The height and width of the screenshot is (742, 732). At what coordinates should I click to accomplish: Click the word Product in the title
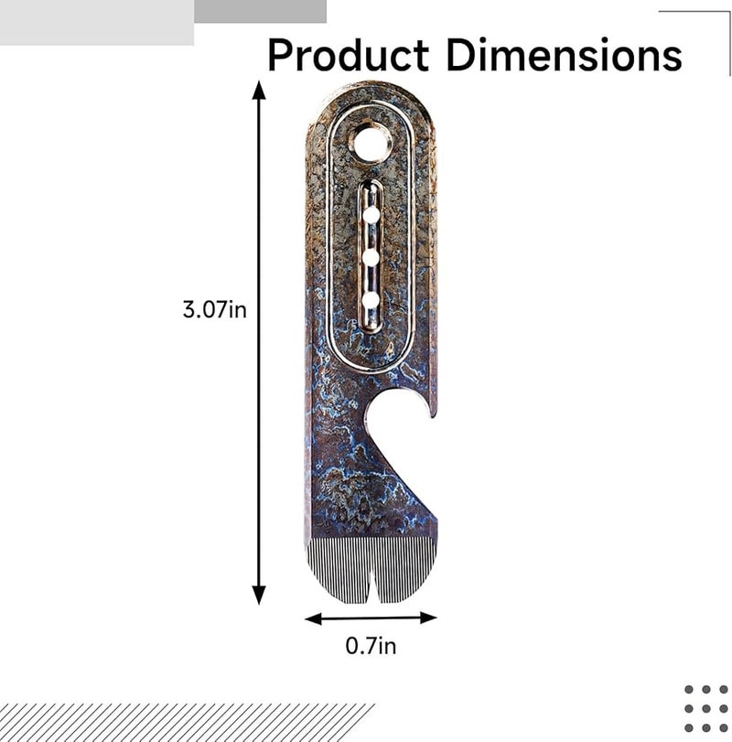pyautogui.click(x=348, y=56)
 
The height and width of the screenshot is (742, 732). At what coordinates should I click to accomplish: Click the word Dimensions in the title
pyautogui.click(x=563, y=56)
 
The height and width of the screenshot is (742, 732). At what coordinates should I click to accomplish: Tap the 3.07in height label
pyautogui.click(x=214, y=309)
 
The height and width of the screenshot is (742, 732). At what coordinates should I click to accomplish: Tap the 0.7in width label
pyautogui.click(x=371, y=646)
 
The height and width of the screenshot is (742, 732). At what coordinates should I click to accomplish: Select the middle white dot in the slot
pyautogui.click(x=371, y=257)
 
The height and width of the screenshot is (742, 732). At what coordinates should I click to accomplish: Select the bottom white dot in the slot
pyautogui.click(x=371, y=299)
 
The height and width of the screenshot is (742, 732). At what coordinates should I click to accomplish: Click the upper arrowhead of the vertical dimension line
pyautogui.click(x=259, y=90)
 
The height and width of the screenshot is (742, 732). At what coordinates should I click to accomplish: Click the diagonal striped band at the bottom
pyautogui.click(x=183, y=722)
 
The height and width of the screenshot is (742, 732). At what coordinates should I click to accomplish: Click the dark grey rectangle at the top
pyautogui.click(x=261, y=11)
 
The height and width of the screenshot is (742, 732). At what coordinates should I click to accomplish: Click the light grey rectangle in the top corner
pyautogui.click(x=96, y=23)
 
